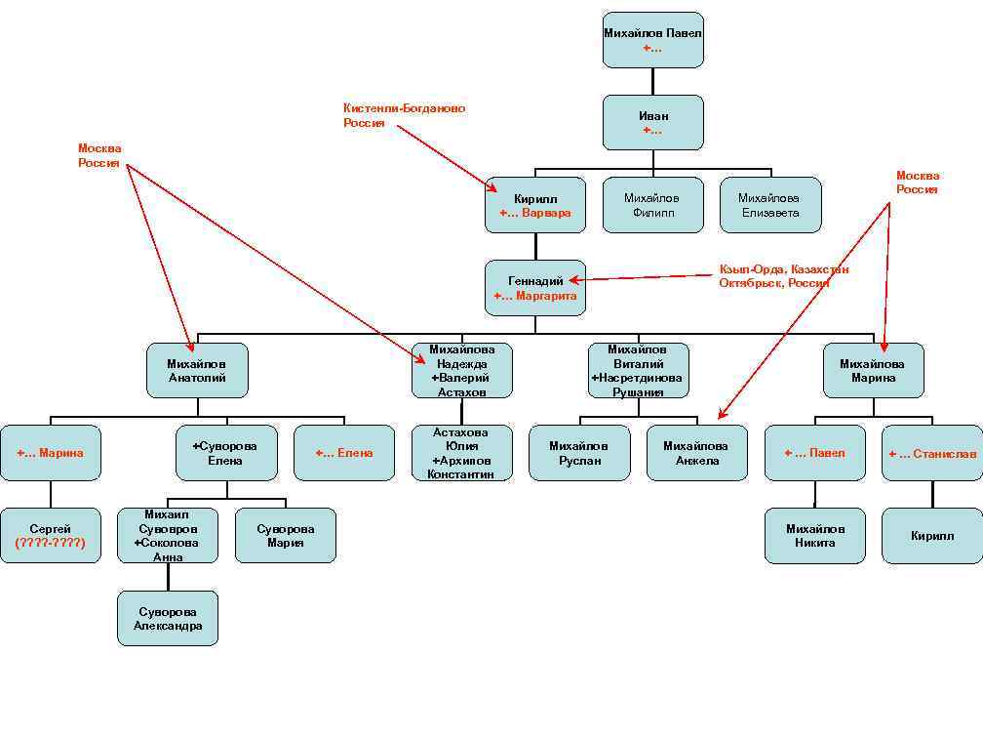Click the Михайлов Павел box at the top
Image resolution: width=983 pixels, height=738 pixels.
click(x=652, y=40)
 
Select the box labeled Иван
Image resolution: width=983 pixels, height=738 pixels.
click(x=652, y=122)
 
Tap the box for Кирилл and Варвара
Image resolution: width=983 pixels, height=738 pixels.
click(x=535, y=205)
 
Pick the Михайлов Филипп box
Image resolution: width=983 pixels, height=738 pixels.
click(x=652, y=205)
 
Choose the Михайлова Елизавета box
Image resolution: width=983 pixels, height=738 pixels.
click(x=769, y=205)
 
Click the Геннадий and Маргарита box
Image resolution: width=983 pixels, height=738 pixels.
click(x=535, y=288)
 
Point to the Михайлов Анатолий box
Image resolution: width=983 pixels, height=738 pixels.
click(x=197, y=370)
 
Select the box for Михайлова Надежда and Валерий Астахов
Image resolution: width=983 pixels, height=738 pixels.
click(x=462, y=370)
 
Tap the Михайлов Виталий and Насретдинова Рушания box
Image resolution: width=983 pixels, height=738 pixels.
click(x=638, y=370)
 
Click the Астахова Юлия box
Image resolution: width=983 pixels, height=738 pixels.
click(x=462, y=453)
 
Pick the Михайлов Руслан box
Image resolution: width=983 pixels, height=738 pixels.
click(x=579, y=453)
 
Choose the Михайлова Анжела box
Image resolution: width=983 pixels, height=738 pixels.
click(x=696, y=453)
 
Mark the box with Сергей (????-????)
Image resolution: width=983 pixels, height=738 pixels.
click(x=50, y=535)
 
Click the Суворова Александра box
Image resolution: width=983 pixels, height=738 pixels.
click(x=168, y=618)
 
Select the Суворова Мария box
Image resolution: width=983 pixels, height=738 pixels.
click(x=286, y=535)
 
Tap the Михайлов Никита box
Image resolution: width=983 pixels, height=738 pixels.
click(x=814, y=535)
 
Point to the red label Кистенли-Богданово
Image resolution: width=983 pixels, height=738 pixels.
click(x=404, y=108)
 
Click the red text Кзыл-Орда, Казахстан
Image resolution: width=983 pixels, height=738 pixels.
click(x=783, y=268)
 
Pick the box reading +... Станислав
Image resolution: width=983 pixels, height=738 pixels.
click(x=931, y=453)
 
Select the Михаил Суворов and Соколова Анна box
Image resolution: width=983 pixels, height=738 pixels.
click(x=168, y=535)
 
